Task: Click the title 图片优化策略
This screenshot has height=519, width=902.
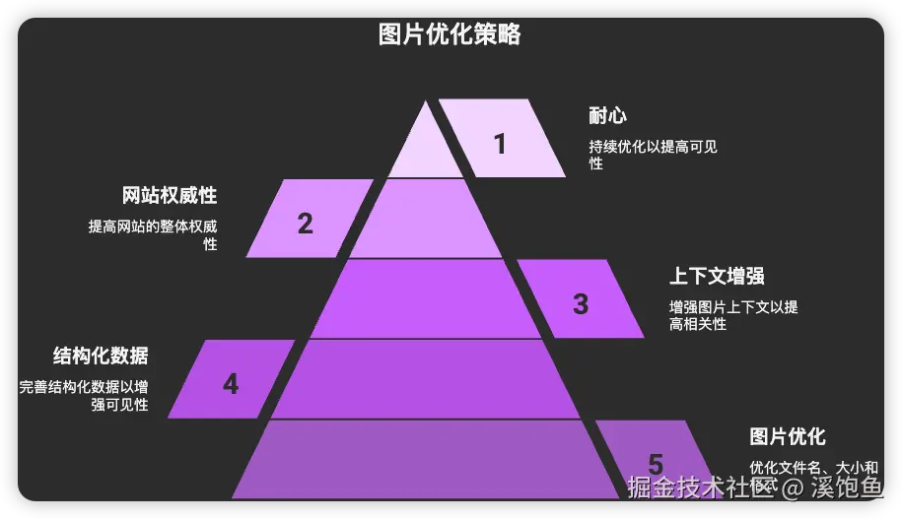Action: click(450, 35)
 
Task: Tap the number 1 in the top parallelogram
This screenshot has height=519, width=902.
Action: click(500, 144)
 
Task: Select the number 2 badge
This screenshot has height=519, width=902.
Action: click(306, 224)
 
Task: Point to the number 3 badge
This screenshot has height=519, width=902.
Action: click(581, 304)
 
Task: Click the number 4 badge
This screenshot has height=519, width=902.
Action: click(231, 384)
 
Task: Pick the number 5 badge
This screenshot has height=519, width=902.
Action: click(656, 464)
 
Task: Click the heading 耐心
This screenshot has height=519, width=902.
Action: click(607, 116)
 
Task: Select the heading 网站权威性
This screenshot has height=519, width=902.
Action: click(170, 195)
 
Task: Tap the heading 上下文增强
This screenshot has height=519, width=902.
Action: click(717, 276)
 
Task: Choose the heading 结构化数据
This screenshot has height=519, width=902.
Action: click(101, 356)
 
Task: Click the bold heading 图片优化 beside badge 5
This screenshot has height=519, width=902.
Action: click(788, 436)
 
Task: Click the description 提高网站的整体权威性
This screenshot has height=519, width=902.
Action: click(153, 234)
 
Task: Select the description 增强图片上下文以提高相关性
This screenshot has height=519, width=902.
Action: click(733, 315)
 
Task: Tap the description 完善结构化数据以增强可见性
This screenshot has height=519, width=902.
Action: click(84, 396)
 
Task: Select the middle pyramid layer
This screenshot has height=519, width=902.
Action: click(426, 298)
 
